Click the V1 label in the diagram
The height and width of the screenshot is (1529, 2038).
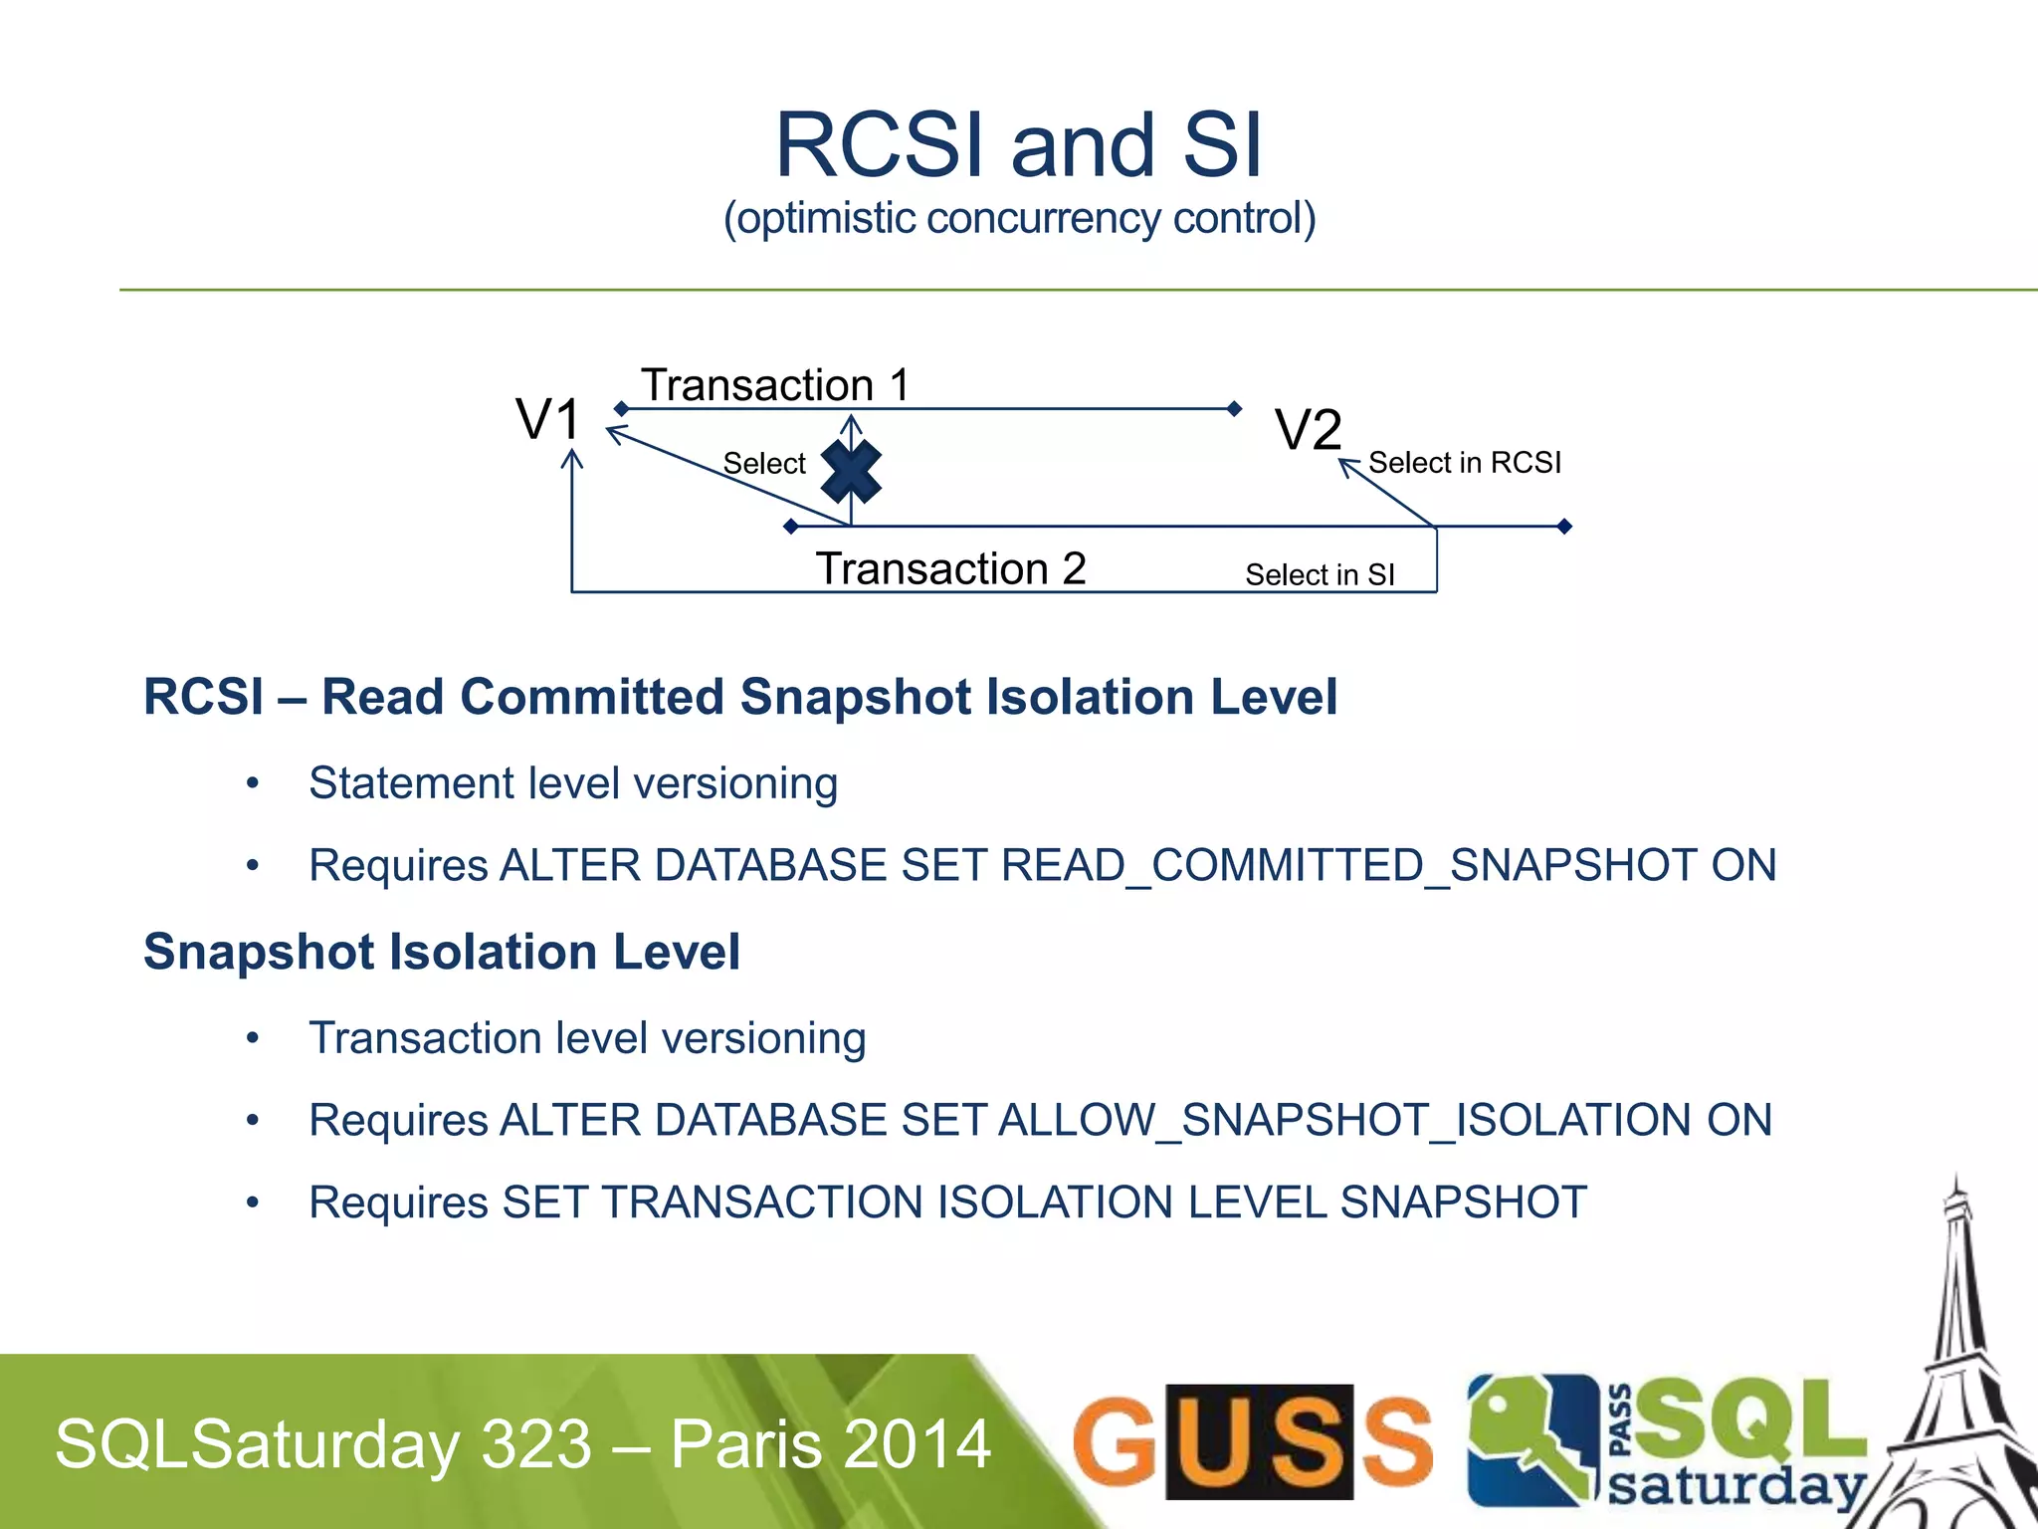547,419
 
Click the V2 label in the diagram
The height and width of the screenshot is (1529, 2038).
1308,431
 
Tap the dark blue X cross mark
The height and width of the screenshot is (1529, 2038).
851,471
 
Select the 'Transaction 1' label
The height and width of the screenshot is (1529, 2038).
774,385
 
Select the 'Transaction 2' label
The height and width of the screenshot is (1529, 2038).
950,569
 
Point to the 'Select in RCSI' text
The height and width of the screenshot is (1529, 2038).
1464,463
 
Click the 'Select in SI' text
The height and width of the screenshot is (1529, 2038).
1319,575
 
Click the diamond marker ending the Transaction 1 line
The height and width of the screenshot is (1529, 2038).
1234,409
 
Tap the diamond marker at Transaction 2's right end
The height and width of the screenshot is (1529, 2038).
1563,527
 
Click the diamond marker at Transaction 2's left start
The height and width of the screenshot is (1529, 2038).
791,527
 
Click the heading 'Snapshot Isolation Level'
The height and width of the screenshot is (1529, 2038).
442,952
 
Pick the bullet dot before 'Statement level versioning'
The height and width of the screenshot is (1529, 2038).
253,784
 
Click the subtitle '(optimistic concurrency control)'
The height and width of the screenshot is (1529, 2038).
1019,218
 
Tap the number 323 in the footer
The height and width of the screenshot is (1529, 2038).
536,1443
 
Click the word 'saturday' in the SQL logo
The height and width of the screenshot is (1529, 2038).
1735,1486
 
